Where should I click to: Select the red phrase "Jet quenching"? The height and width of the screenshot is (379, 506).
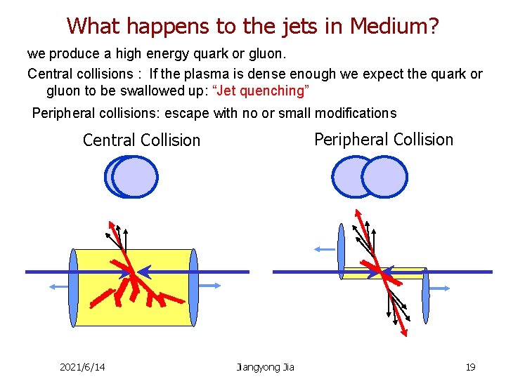pos(261,91)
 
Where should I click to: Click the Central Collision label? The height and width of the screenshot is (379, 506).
pos(141,140)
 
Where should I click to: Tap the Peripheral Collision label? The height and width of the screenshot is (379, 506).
pos(383,139)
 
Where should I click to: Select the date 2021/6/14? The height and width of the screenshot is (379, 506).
pos(82,367)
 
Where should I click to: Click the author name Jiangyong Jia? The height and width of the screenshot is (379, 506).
pos(266,367)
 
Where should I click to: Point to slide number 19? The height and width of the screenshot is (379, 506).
pos(470,367)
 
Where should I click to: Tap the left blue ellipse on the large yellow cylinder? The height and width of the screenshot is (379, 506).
pos(72,288)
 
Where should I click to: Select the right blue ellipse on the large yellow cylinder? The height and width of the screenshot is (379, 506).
pos(194,288)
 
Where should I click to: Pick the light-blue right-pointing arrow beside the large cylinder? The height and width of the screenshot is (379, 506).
pos(211,286)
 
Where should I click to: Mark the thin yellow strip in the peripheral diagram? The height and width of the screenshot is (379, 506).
pos(408,273)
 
